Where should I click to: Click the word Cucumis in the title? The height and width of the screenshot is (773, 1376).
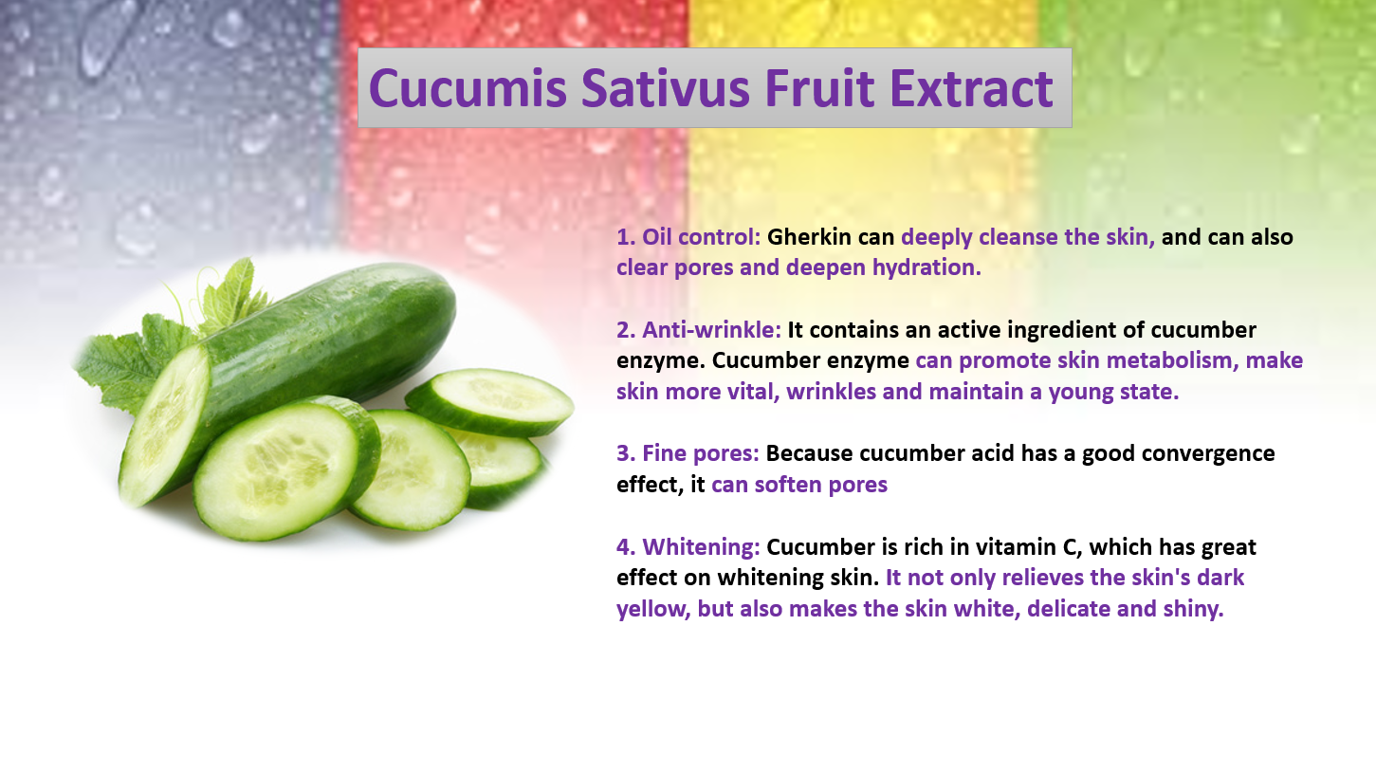click(468, 88)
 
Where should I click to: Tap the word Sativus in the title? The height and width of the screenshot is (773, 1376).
click(666, 88)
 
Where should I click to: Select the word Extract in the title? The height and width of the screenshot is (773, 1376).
click(972, 88)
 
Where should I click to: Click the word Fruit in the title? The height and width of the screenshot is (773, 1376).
click(819, 88)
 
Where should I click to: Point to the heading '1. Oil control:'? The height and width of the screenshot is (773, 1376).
click(688, 236)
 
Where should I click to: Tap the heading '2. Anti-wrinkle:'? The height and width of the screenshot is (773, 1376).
click(699, 330)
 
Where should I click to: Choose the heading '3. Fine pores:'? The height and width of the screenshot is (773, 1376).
click(688, 453)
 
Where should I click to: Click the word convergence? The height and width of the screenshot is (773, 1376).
click(1208, 454)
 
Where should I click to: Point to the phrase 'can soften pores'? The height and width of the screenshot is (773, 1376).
click(799, 485)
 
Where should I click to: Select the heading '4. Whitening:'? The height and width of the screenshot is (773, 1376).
click(688, 547)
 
